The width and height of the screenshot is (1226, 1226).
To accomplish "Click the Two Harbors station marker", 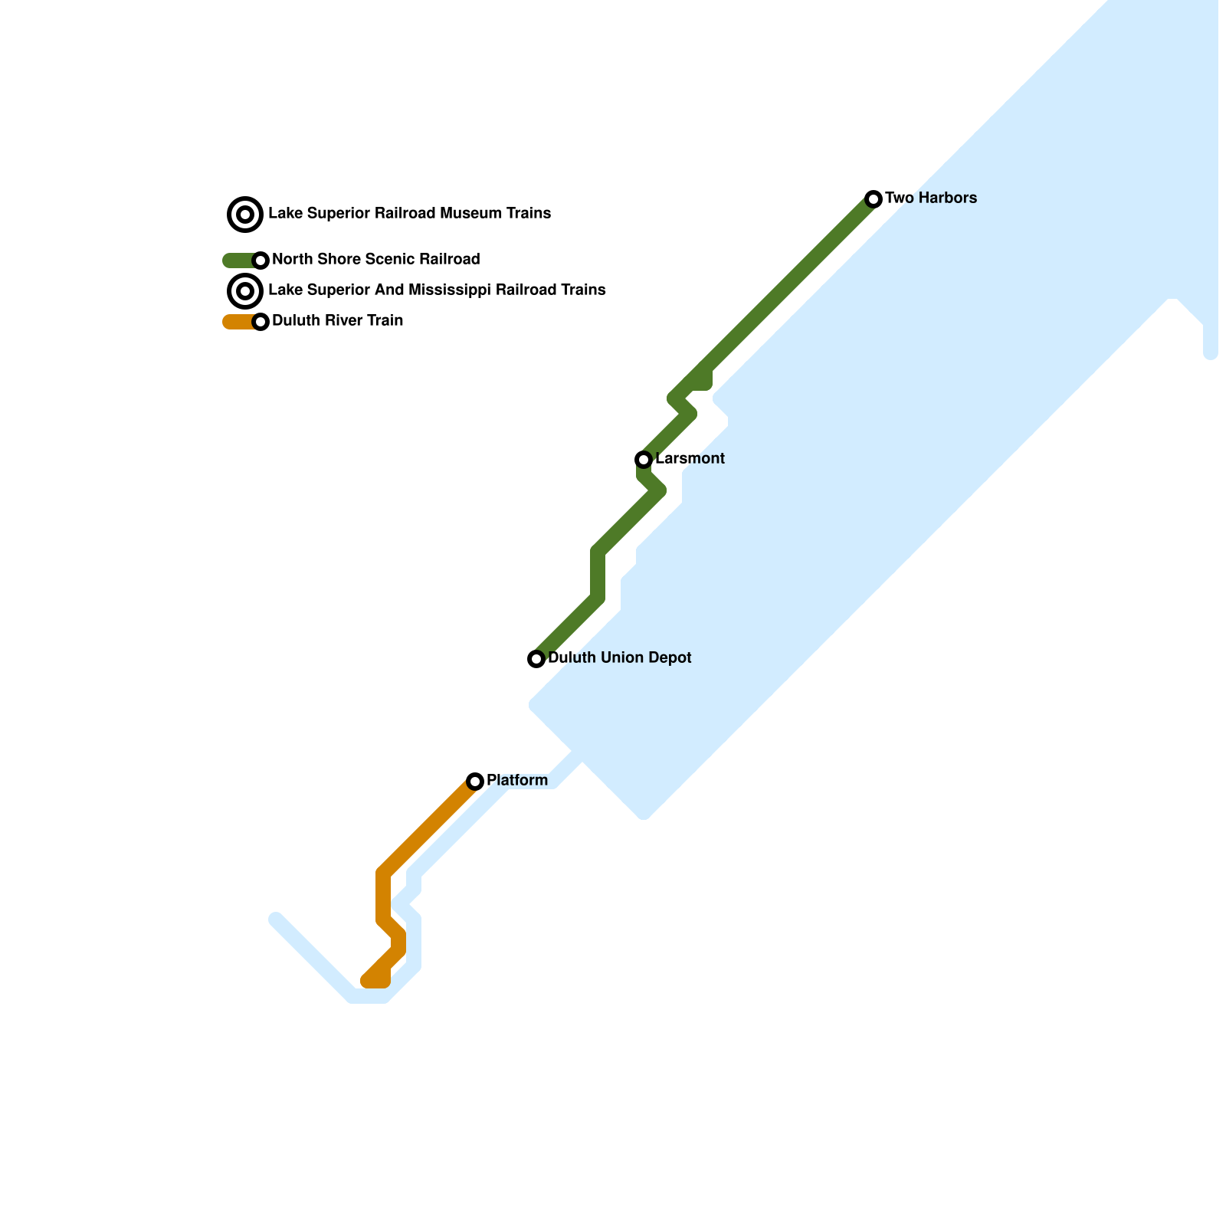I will pos(874,199).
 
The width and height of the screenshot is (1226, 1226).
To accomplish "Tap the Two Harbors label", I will pos(930,198).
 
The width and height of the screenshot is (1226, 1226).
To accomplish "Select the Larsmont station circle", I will pos(644,460).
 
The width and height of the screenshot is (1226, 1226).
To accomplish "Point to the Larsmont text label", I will pos(690,459).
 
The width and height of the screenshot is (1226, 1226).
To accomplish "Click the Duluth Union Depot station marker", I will pos(536,659).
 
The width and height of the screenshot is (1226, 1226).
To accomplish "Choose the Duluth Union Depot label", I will pos(619,658).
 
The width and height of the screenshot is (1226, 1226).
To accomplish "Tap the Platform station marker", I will pos(475,782).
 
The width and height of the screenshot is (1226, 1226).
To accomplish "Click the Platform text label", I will pos(517,781).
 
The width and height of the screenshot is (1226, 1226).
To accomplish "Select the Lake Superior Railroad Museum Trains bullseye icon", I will pos(245,215).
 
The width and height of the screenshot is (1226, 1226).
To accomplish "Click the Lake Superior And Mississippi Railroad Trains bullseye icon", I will pos(245,291).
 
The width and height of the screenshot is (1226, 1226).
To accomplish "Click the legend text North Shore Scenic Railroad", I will pos(375,260).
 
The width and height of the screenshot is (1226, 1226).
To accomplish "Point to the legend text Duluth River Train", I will pos(337,321).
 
